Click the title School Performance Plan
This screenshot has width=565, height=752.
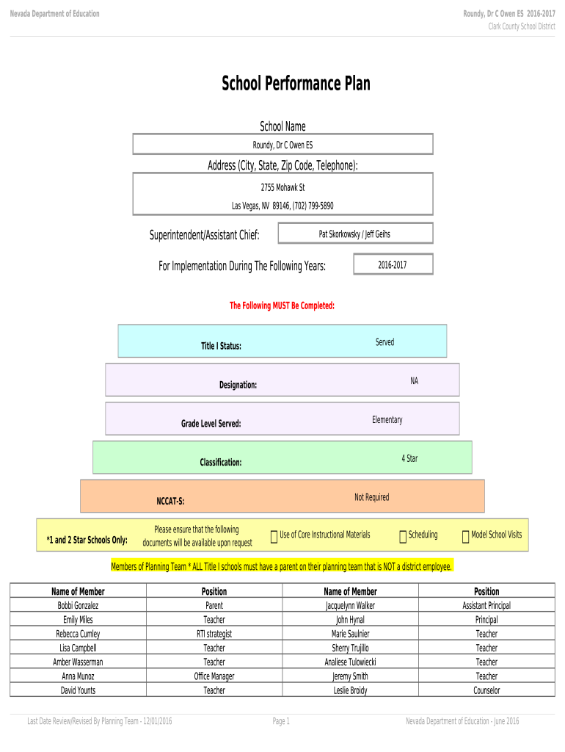pos(296,84)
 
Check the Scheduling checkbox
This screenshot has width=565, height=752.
pos(403,538)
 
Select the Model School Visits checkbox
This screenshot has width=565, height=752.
pos(465,538)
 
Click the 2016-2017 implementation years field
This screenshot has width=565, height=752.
pos(393,264)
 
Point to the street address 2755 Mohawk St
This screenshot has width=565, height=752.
pos(282,188)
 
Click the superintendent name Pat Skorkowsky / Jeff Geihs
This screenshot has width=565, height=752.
pos(354,234)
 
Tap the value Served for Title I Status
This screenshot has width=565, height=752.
pos(384,342)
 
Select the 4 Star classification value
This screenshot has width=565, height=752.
pos(409,458)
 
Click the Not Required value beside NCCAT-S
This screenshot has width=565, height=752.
pos(371,497)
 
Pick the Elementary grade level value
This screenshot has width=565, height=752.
pos(387,420)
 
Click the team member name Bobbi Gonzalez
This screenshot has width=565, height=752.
pos(78,606)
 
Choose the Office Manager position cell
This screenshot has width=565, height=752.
pos(214,676)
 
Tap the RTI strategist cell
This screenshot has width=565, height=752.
pos(214,634)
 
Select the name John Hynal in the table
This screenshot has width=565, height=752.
pos(351,620)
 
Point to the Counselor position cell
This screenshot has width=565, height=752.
pos(486,690)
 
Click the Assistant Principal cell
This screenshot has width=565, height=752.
pos(486,606)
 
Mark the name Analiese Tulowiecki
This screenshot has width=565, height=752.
pos(351,662)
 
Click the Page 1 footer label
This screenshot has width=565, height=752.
pos(281,721)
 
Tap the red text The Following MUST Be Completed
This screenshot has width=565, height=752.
pos(282,305)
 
